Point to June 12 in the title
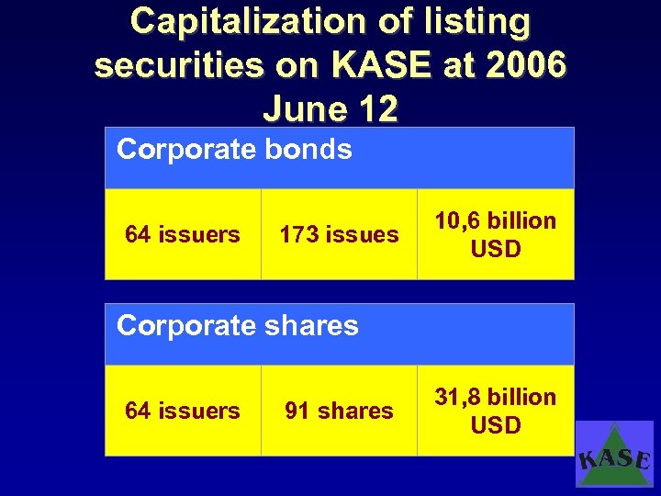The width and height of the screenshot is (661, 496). click(x=330, y=108)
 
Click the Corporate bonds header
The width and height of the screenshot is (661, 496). click(x=234, y=149)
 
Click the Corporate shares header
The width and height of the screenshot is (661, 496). click(x=238, y=325)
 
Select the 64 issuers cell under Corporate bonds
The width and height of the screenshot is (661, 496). click(x=183, y=234)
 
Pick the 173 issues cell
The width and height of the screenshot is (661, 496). click(x=339, y=234)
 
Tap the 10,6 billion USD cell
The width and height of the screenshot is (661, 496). click(x=495, y=234)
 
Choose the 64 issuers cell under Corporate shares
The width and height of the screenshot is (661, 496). click(x=183, y=411)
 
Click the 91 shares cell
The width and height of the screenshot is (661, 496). click(x=339, y=411)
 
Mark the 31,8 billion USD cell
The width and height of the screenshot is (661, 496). click(x=495, y=411)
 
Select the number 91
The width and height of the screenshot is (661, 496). click(x=297, y=411)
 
